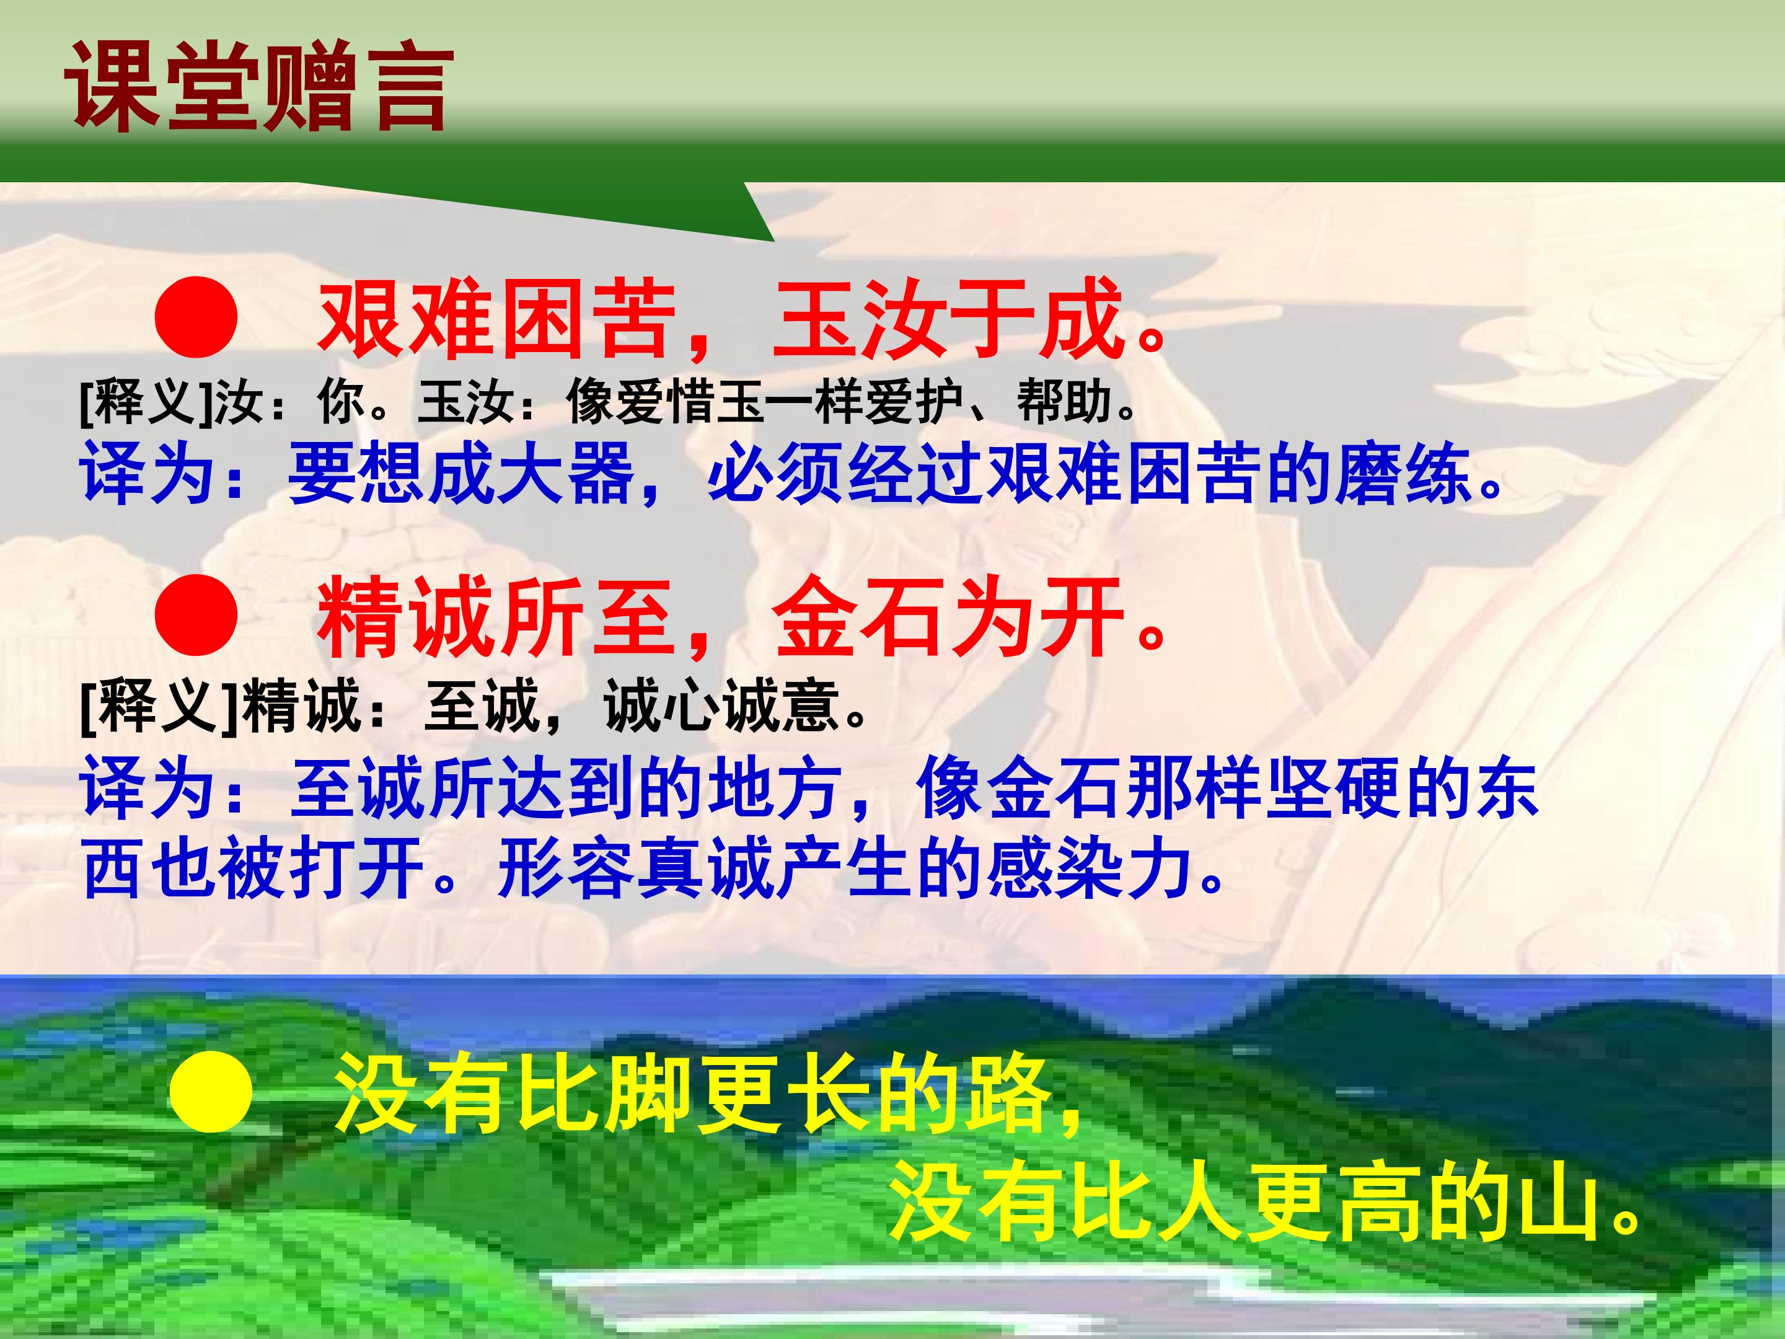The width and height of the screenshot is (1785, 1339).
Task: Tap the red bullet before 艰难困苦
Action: (196, 318)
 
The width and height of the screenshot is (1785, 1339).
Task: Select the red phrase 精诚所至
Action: (496, 619)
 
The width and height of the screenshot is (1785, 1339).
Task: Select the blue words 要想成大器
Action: (461, 475)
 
